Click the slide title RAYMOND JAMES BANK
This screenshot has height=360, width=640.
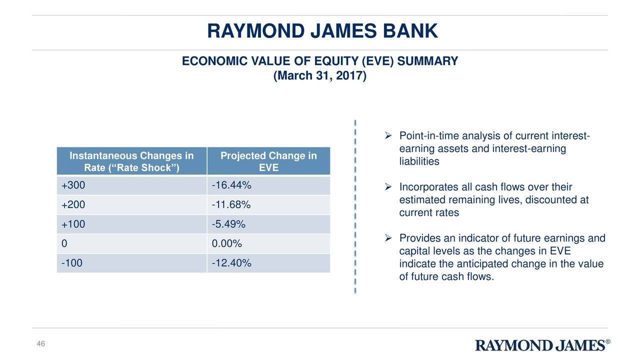[322, 31]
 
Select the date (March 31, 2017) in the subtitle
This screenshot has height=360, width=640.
[320, 76]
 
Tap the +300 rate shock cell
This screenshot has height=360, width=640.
[73, 185]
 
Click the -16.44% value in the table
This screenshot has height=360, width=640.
[231, 185]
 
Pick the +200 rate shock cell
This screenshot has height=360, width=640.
[73, 205]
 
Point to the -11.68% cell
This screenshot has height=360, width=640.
[231, 205]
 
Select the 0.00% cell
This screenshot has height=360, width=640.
[227, 244]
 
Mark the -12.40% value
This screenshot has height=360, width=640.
[231, 263]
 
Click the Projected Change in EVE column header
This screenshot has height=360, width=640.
[268, 161]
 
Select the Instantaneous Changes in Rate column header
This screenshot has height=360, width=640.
[131, 161]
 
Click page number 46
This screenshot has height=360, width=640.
[41, 343]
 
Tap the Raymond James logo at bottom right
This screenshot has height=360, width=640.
[542, 345]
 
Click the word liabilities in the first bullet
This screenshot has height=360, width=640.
[419, 161]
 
